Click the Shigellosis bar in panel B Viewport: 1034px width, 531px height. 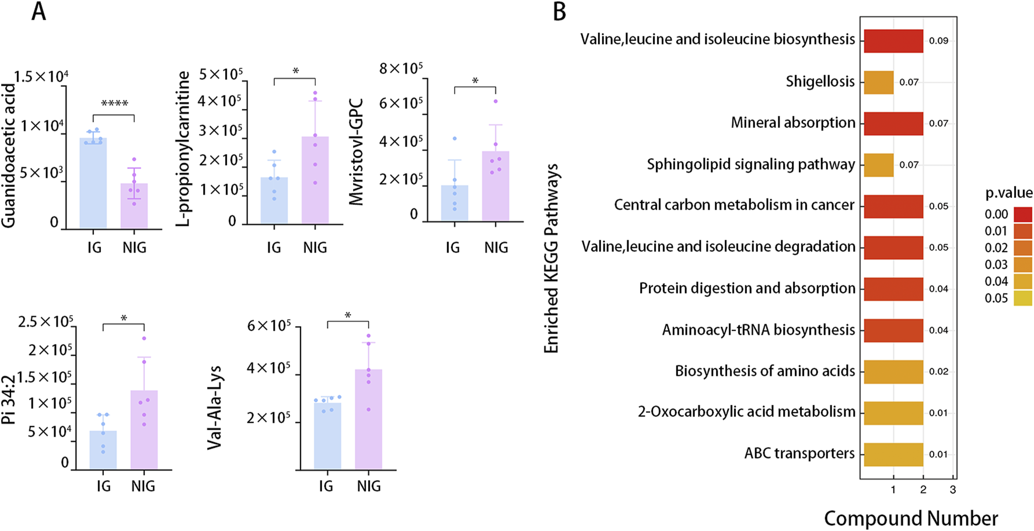878,82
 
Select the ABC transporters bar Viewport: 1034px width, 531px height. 893,455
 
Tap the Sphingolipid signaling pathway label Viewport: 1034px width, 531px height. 750,165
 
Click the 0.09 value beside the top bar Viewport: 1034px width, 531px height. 938,41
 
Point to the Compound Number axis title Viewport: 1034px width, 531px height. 911,518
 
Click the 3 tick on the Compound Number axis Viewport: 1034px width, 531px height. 953,491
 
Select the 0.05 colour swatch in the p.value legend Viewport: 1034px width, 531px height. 1023,298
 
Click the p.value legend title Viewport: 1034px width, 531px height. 1009,193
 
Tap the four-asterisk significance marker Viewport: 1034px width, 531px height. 114,104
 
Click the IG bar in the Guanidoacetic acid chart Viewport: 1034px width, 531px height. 93,183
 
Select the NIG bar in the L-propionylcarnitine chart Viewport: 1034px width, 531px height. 315,180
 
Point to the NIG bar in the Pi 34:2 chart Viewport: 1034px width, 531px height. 144,429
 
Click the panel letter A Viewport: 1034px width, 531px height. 39,12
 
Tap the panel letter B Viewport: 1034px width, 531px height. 559,12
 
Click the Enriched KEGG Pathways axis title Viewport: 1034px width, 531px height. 551,258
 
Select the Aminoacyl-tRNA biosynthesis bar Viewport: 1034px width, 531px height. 893,330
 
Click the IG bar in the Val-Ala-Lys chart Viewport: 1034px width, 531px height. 327,436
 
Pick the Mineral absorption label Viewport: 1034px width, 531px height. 793,123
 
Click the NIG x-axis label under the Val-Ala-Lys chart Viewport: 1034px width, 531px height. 369,486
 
